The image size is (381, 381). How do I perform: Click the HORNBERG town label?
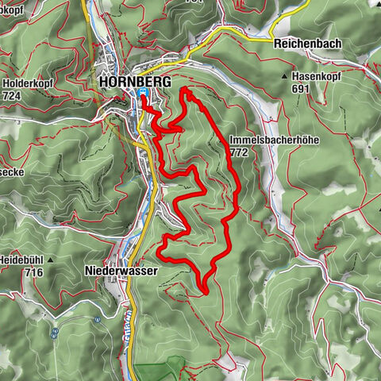coord(131,81)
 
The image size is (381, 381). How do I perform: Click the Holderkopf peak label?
coord(29,83)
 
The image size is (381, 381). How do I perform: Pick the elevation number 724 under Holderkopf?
coord(12,95)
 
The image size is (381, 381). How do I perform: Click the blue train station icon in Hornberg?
coord(142,92)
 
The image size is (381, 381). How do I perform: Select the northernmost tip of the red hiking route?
coord(186,90)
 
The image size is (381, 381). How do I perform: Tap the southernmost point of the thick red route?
coord(205,292)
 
